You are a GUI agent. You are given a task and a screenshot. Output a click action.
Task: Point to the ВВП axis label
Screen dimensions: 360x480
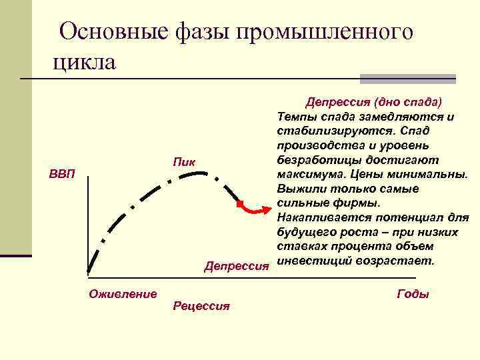pyautogui.click(x=63, y=175)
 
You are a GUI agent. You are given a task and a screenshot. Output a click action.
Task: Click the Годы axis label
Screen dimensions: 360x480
pyautogui.click(x=413, y=293)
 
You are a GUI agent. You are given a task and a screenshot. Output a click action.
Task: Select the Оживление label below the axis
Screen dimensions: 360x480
pyautogui.click(x=123, y=293)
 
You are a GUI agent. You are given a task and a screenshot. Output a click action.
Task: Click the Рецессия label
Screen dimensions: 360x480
pyautogui.click(x=201, y=306)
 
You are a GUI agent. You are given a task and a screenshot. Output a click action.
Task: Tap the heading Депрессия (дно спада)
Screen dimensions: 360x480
pyautogui.click(x=373, y=102)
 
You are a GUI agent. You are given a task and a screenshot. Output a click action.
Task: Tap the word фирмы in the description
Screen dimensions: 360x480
pyautogui.click(x=361, y=203)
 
